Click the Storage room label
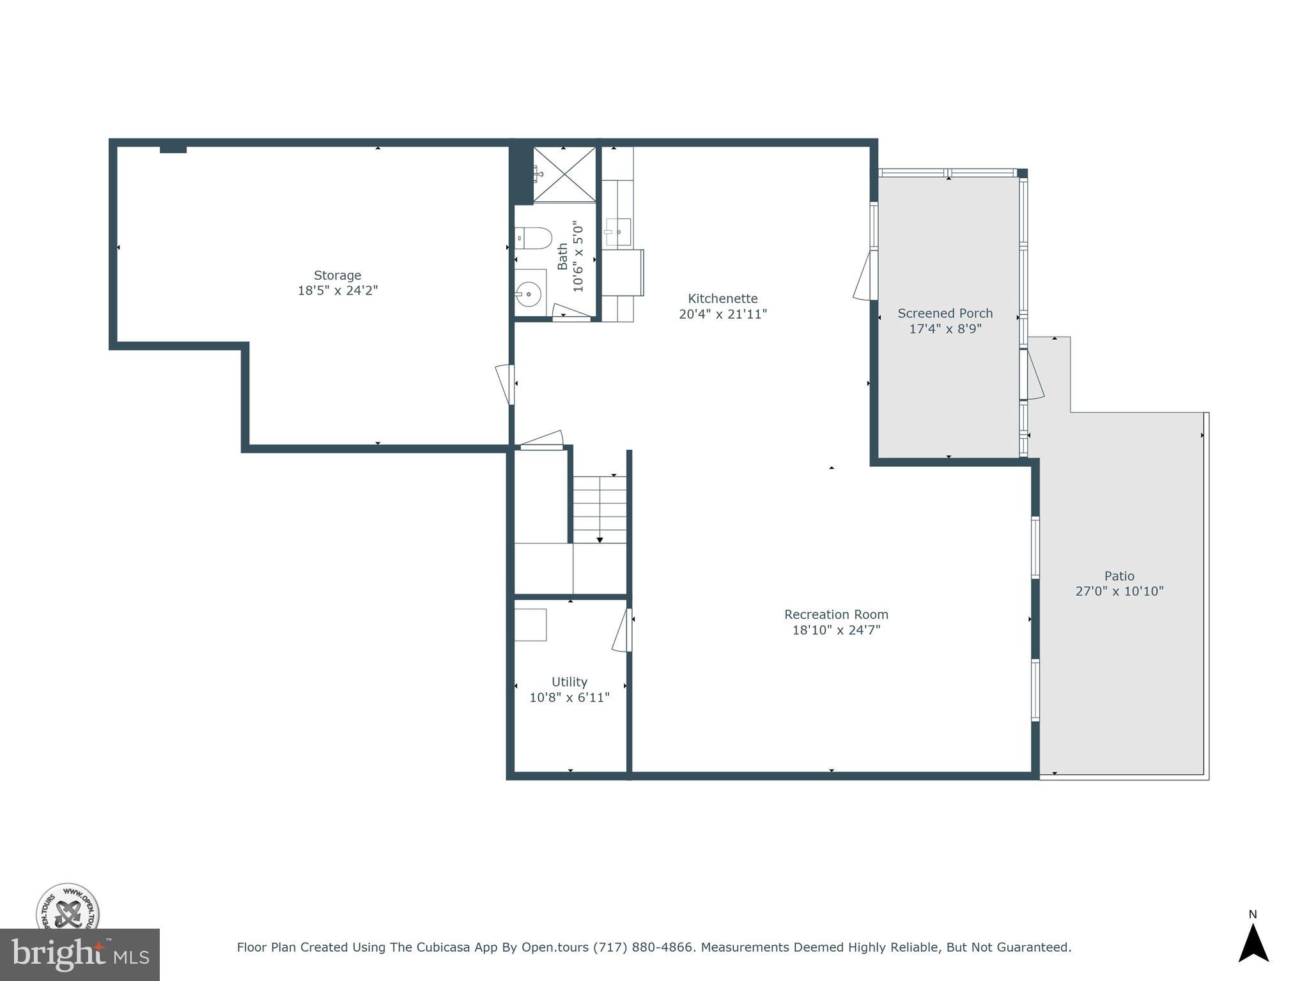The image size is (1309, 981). (337, 275)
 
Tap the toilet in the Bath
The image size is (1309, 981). (534, 238)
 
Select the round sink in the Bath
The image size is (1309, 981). (529, 294)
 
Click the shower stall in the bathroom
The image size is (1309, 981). (564, 174)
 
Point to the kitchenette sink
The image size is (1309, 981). (618, 232)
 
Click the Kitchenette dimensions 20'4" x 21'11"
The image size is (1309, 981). (722, 314)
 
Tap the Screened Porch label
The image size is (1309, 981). (945, 314)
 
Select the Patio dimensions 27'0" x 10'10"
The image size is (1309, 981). (1119, 591)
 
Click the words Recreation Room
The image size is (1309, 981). (836, 614)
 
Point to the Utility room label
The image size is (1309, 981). (569, 682)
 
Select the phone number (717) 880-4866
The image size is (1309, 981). (643, 948)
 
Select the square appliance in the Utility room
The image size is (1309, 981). (531, 625)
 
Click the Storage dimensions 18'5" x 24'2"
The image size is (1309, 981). (337, 291)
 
